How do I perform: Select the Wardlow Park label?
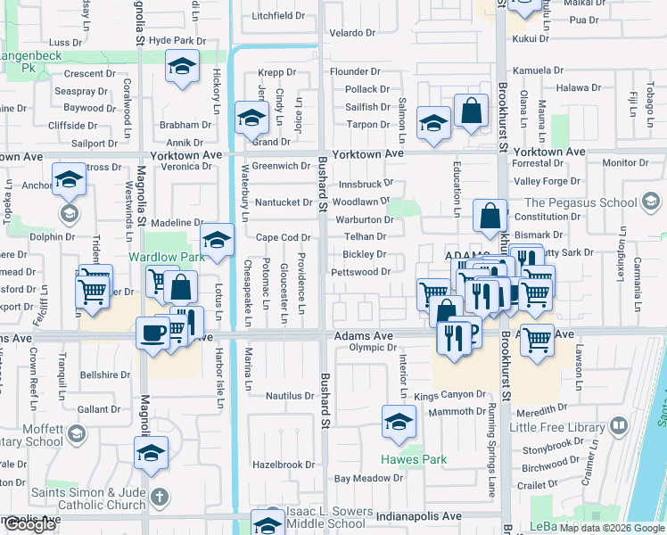(167, 257)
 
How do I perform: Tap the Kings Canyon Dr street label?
(449, 395)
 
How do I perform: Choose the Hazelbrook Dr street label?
(284, 465)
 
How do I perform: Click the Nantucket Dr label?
(283, 202)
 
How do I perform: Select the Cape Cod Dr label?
(283, 238)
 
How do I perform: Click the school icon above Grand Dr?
(251, 117)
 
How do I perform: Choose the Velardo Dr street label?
(353, 33)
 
